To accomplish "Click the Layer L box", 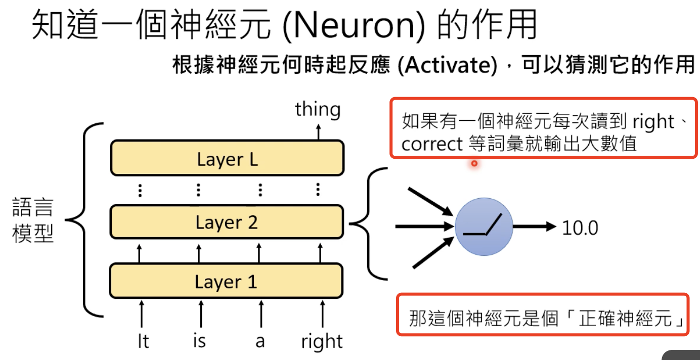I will point(227,159).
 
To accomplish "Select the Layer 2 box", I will point(227,222).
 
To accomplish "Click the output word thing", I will point(318,109).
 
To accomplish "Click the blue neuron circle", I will point(484,227).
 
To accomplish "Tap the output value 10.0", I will point(580,228).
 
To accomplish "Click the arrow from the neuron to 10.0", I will point(534,227).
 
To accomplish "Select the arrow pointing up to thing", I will point(318,132).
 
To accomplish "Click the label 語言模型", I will point(33,222).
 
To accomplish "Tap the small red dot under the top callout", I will point(474,163).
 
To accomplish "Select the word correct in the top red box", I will point(431,145).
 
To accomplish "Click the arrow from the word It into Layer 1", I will point(141,313).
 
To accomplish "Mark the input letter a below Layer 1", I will point(260,342).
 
